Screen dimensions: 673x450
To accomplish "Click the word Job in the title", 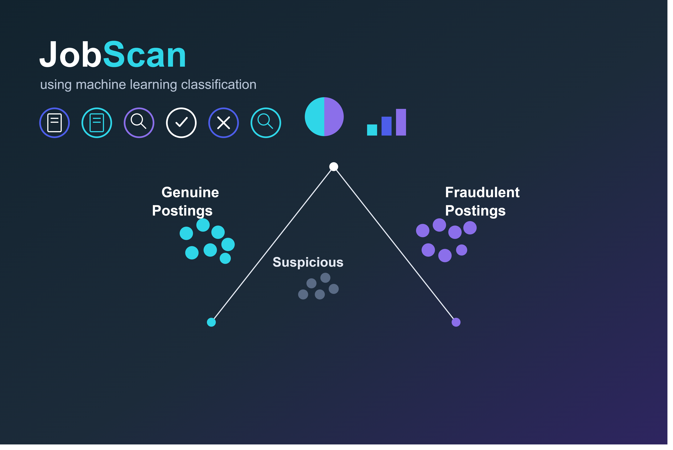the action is [x=71, y=55].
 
